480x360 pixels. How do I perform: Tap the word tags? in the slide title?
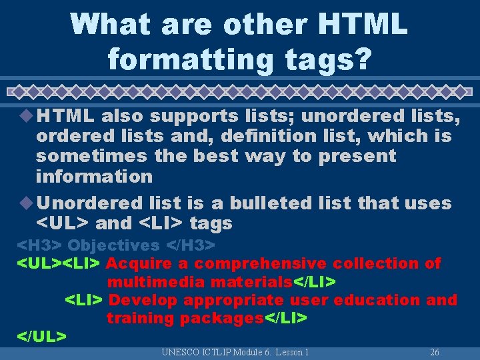point(331,59)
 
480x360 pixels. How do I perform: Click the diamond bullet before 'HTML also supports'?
point(28,116)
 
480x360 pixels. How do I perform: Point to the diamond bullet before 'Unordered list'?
point(28,203)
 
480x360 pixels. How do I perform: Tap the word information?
point(94,177)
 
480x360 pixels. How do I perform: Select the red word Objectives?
point(114,245)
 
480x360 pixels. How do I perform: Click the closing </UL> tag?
point(41,336)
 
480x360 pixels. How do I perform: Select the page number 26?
point(435,352)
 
